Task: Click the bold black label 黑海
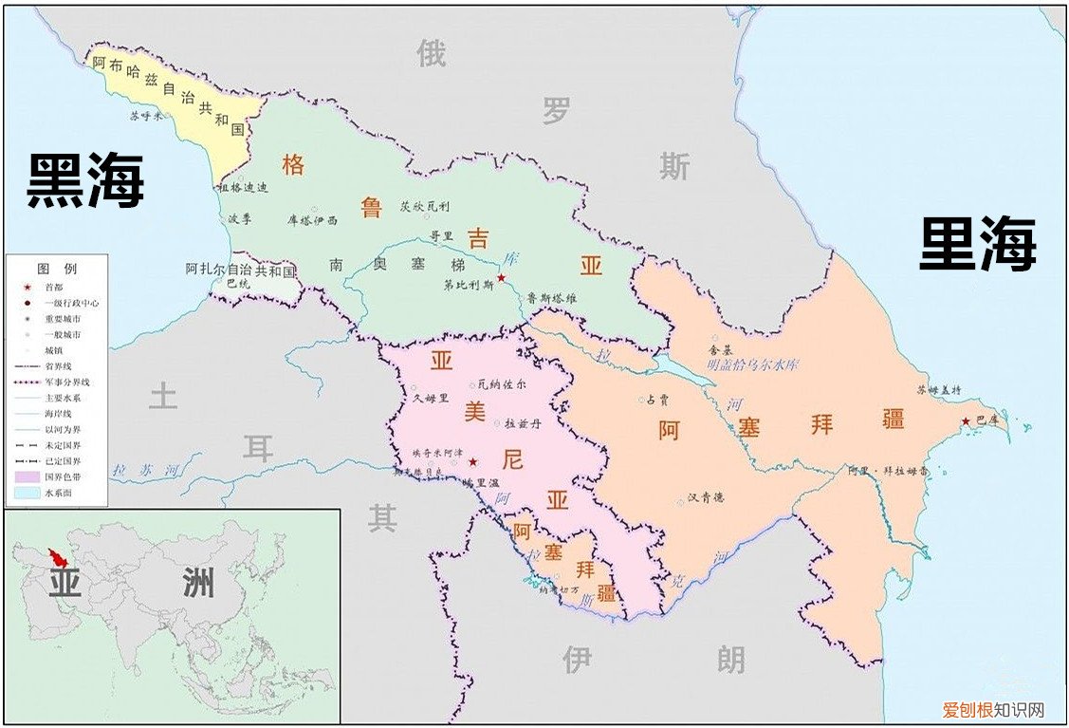click(x=85, y=180)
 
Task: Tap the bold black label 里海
click(x=978, y=244)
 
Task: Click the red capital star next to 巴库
click(x=966, y=421)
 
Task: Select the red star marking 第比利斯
click(x=501, y=278)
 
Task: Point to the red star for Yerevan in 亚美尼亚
click(x=472, y=461)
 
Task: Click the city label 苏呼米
click(x=146, y=116)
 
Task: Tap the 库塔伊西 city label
click(x=311, y=219)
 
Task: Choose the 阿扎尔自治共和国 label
click(x=240, y=271)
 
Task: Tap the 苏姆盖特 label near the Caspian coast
click(x=937, y=389)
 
